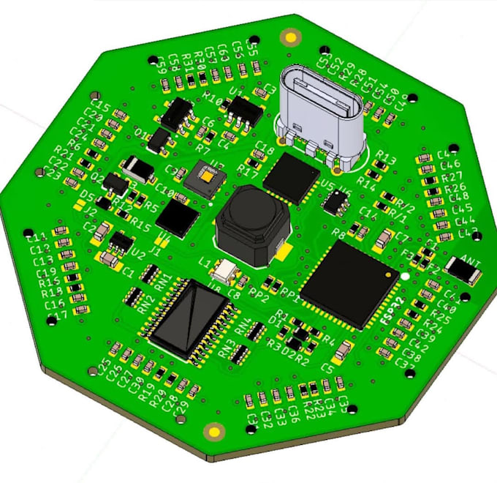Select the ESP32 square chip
point(349,284)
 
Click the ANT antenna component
point(462,272)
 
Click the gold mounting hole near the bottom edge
point(215,431)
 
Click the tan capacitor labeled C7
point(383,236)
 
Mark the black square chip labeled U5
point(292,178)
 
